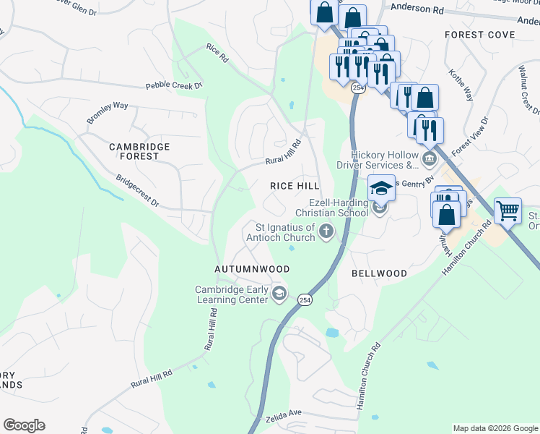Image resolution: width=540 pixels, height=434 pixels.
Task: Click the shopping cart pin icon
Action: tap(508, 211)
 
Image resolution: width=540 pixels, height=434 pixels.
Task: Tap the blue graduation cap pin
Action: tap(380, 189)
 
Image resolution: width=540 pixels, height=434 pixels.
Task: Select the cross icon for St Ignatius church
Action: tap(326, 232)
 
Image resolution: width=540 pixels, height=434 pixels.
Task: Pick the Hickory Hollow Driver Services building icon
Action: tap(429, 158)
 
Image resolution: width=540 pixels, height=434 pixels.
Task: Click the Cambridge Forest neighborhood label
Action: tap(139, 151)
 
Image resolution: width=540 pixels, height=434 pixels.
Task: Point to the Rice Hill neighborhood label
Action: tap(295, 186)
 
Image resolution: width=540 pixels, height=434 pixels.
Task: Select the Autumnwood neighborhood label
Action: tap(252, 269)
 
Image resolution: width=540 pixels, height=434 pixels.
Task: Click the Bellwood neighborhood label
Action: tap(379, 273)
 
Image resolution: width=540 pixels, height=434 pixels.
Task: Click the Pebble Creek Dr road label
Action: tap(174, 85)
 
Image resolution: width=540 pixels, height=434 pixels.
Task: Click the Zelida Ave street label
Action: tap(284, 413)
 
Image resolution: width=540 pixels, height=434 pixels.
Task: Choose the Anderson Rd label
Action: tap(418, 10)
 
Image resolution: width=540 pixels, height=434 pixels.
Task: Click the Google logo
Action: tap(24, 425)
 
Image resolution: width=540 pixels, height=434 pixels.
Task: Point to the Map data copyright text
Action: tap(495, 428)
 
